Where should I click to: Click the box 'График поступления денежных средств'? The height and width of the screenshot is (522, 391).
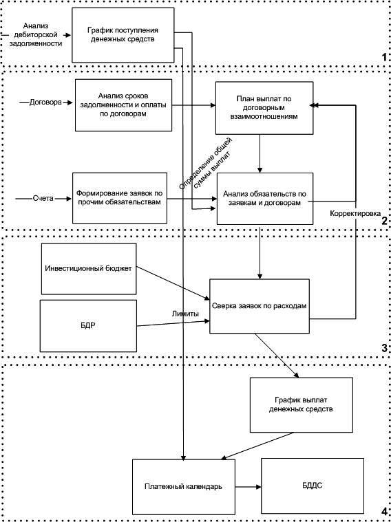[123, 34]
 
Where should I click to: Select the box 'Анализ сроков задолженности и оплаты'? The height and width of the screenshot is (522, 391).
[123, 105]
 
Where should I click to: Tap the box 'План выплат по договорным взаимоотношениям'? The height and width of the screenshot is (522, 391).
[264, 108]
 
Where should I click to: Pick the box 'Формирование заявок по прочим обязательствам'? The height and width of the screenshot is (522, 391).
[120, 198]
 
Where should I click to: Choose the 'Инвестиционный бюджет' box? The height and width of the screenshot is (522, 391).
[89, 269]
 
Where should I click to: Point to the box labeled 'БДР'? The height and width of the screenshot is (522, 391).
[88, 325]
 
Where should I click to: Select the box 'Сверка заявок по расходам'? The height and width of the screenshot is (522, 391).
[260, 306]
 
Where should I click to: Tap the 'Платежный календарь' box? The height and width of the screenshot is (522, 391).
[184, 486]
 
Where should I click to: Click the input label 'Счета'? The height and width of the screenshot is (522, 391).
[42, 198]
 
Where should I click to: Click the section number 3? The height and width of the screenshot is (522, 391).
[384, 348]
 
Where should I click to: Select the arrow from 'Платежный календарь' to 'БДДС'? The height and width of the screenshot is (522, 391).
[248, 487]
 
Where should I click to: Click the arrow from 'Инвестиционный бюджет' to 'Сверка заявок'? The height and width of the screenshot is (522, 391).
[173, 283]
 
